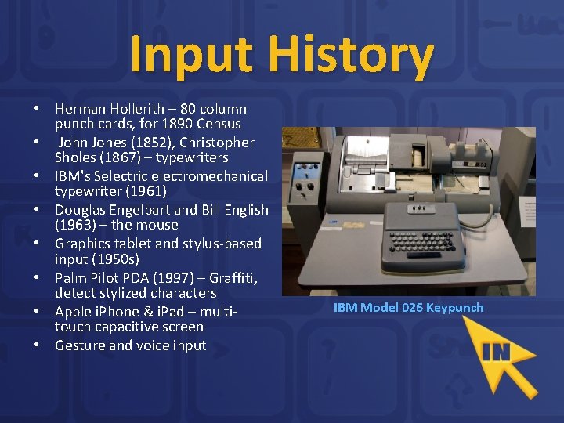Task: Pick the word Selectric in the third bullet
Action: [x=138, y=176]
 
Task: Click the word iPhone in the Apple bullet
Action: [x=117, y=312]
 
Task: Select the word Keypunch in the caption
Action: [x=455, y=307]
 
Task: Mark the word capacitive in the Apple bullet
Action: [x=125, y=327]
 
